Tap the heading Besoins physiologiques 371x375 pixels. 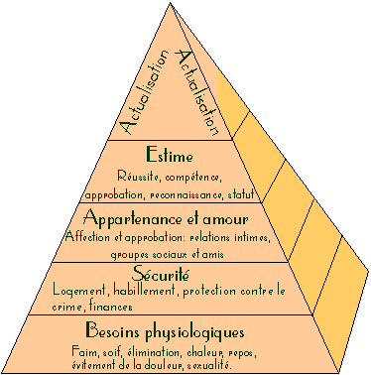pos(165,331)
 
